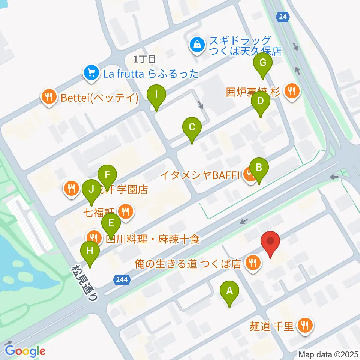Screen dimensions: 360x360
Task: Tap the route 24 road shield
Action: (283, 16)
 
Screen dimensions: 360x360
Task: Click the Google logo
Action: (25, 351)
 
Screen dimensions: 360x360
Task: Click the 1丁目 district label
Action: (144, 58)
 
